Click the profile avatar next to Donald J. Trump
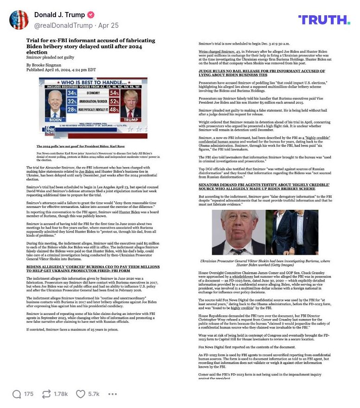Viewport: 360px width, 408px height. click(x=19, y=19)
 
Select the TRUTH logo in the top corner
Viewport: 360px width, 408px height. click(x=324, y=19)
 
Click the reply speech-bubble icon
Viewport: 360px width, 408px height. click(x=17, y=394)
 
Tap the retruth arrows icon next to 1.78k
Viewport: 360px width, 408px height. click(x=46, y=394)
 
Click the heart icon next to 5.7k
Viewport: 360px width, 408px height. click(x=81, y=394)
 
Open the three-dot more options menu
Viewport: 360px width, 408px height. click(x=112, y=394)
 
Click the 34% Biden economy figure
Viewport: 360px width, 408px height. click(x=71, y=94)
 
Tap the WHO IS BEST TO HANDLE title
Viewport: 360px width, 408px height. click(x=93, y=81)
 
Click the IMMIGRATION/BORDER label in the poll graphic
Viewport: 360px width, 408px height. click(x=93, y=101)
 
